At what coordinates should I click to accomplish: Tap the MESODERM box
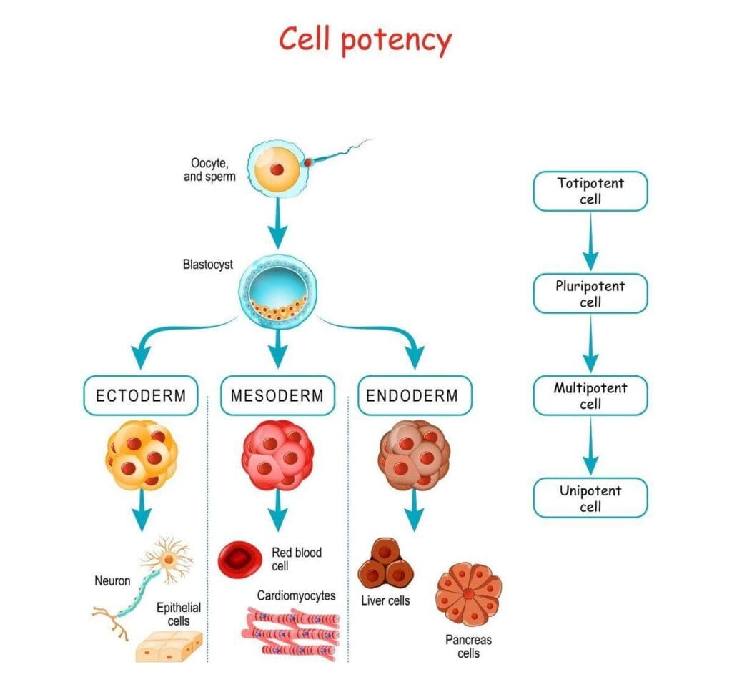(x=277, y=395)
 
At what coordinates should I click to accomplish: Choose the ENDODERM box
(x=412, y=395)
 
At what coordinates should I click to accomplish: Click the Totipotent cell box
(x=590, y=191)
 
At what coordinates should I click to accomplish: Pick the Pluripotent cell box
(x=590, y=293)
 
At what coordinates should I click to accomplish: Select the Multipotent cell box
(x=590, y=396)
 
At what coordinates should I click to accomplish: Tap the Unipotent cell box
(x=590, y=498)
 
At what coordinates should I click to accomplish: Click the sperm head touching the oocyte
(x=309, y=163)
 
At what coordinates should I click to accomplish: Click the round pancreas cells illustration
(x=468, y=594)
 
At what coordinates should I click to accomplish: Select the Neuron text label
(x=112, y=580)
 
